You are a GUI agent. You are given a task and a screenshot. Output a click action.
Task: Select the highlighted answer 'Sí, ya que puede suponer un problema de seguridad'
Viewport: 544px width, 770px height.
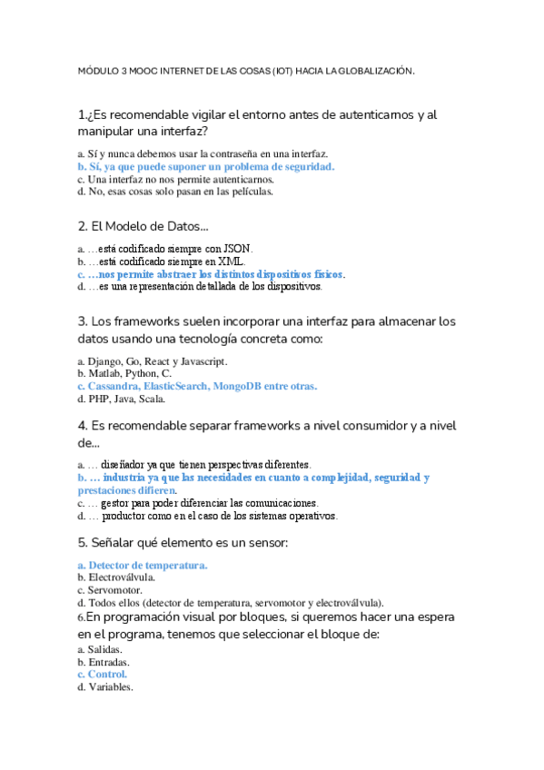coord(206,167)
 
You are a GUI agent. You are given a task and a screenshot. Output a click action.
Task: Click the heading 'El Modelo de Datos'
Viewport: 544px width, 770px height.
coord(143,225)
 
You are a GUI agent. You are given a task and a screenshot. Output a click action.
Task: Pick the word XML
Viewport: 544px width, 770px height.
coord(229,261)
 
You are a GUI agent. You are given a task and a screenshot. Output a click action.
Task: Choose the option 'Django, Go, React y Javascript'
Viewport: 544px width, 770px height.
coord(151,360)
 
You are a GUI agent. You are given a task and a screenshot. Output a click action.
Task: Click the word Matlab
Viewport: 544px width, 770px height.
coord(103,373)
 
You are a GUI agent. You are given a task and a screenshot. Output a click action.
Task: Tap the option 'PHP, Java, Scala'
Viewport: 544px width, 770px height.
coord(126,399)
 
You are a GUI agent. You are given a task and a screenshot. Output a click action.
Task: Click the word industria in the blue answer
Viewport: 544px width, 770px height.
coord(131,477)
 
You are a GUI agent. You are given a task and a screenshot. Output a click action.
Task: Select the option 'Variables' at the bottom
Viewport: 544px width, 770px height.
coord(110,687)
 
